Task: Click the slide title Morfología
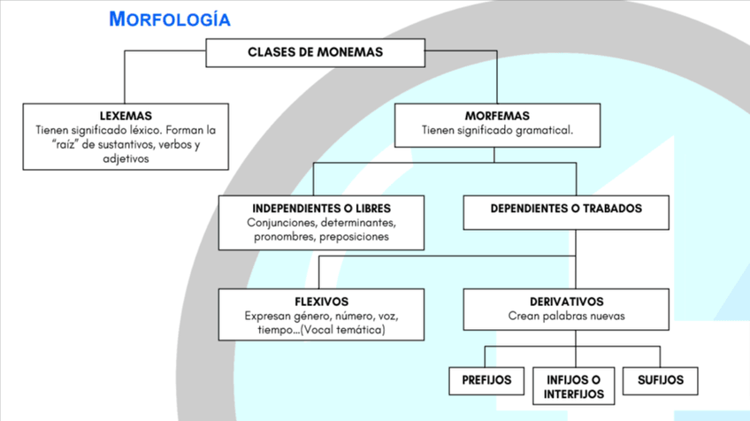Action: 169,19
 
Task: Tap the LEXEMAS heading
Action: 126,116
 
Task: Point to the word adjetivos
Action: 126,158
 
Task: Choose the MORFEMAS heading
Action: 497,116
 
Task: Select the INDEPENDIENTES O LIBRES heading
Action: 321,209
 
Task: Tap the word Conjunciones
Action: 282,223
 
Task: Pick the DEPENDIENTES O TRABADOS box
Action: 566,210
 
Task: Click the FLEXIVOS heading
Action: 321,302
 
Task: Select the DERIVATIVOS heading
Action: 566,302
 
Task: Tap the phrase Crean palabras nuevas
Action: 566,316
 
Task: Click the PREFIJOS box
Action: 486,380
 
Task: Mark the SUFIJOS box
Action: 661,380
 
